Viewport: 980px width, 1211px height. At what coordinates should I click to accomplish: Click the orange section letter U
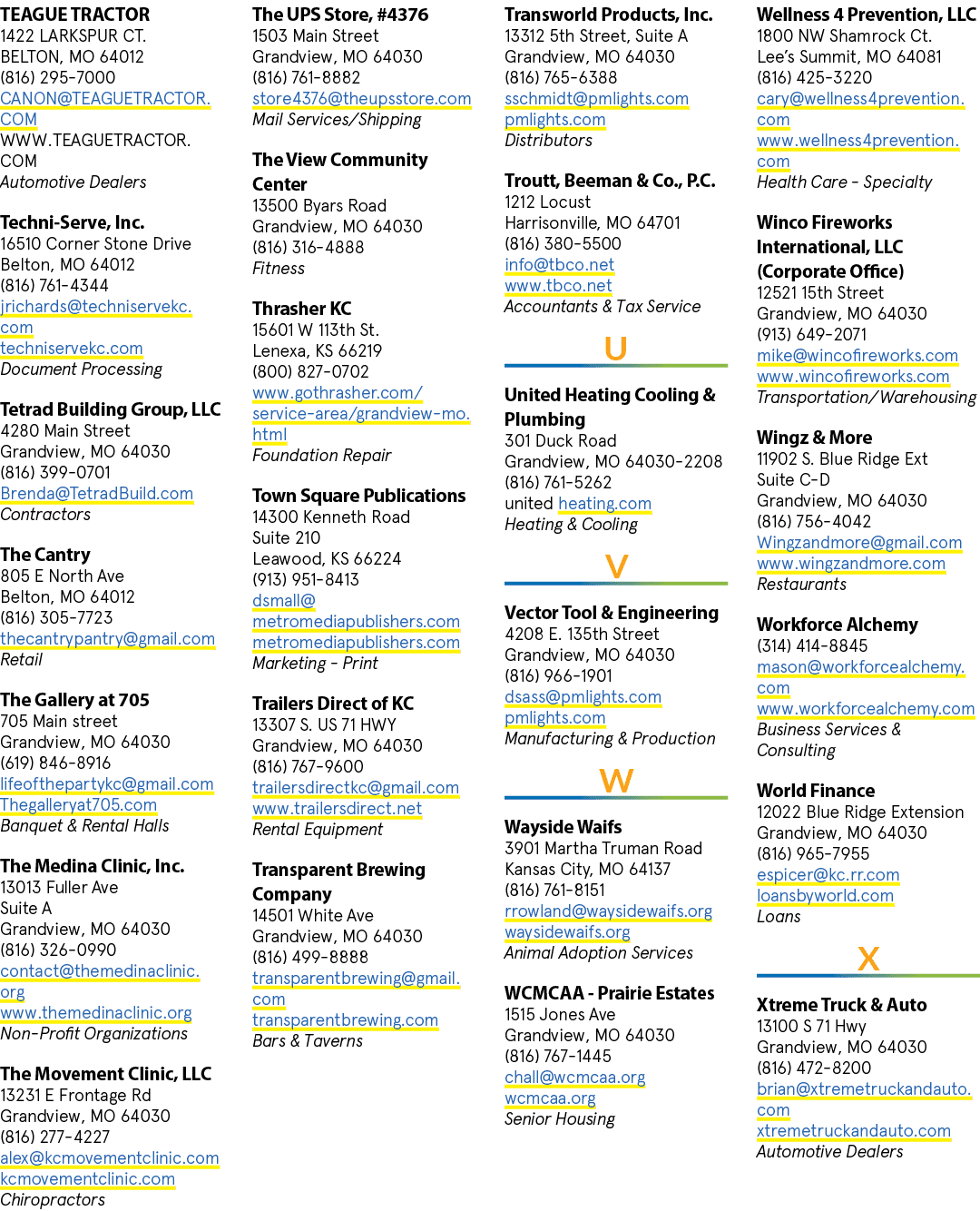coord(615,348)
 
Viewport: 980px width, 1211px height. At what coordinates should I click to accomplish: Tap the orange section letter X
coord(868,959)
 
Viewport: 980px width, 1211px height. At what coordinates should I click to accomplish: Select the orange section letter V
coord(616,566)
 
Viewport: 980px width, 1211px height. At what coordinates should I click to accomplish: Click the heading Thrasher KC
coord(301,309)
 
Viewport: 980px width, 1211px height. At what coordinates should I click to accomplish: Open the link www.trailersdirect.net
coord(337,808)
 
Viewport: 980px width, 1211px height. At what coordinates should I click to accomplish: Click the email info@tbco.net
coord(559,264)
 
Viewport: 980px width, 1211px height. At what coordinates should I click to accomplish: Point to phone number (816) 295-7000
coord(58,77)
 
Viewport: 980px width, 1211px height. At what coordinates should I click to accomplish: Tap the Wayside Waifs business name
coord(563,827)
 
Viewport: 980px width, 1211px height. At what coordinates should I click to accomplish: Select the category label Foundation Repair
coord(321,455)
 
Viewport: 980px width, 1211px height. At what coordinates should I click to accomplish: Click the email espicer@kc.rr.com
coord(828,874)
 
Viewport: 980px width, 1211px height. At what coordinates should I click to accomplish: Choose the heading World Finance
coord(815,791)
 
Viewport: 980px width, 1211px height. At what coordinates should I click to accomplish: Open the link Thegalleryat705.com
coord(78,804)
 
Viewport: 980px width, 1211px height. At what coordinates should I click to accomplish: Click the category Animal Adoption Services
coord(598,952)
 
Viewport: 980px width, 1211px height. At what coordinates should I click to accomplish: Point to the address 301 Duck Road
coord(560,440)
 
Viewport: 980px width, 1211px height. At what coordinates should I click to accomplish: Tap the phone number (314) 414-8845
coord(812,645)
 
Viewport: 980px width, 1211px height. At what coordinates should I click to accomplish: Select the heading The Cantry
coord(45,555)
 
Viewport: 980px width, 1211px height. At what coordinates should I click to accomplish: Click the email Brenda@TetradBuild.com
coord(96,493)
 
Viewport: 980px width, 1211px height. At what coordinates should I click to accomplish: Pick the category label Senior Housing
coord(560,1118)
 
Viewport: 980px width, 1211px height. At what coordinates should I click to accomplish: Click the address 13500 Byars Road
coord(319,205)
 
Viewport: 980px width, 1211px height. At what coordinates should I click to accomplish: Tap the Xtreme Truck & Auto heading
coord(841,1005)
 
